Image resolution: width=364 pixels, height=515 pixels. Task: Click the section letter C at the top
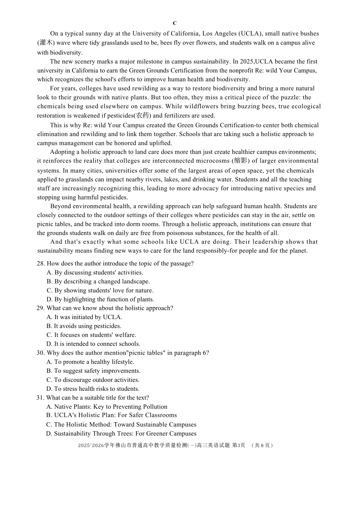tap(175, 23)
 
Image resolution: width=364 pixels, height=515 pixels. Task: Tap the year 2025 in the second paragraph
tap(247, 61)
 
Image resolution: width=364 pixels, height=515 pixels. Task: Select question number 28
tap(41, 263)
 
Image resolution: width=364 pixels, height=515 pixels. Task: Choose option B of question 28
tap(98, 281)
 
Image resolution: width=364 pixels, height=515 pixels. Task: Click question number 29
tap(41, 308)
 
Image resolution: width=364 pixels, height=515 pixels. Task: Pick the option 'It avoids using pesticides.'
tap(84, 326)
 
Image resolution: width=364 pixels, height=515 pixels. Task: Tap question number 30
tap(41, 353)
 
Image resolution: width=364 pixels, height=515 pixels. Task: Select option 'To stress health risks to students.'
tap(93, 389)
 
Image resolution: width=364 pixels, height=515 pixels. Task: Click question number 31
tap(41, 398)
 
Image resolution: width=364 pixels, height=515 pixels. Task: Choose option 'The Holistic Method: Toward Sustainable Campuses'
tap(121, 425)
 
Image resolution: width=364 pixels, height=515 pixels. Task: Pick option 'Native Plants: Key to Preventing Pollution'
tap(107, 407)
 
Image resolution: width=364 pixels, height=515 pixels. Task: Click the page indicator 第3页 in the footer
tap(239, 445)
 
